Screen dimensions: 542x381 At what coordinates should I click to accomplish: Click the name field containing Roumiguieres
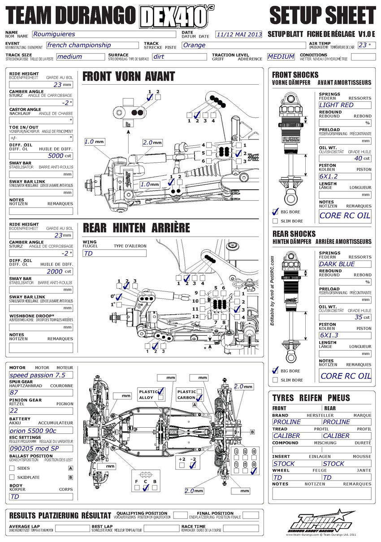103,34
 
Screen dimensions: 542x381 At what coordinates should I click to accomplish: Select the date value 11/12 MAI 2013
238,34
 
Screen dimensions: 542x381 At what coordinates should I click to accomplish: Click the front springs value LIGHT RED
345,105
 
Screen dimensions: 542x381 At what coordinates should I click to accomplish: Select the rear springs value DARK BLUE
345,264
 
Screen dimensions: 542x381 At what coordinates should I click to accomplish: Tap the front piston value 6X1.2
345,177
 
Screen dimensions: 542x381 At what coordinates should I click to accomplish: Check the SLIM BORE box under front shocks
276,221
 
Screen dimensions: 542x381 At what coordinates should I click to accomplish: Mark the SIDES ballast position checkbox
12,468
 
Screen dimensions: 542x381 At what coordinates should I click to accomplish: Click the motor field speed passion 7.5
41,375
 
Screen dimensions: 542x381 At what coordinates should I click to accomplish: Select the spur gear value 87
41,392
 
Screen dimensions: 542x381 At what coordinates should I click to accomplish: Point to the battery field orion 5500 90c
41,430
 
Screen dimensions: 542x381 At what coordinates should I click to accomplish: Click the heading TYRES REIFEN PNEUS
311,398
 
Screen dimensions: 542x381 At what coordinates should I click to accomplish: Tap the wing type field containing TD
114,253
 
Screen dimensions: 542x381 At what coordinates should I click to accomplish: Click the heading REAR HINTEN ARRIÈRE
136,228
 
